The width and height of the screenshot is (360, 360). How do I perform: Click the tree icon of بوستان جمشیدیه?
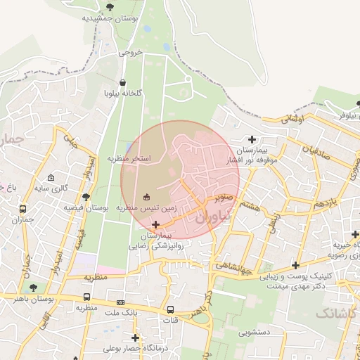point(109,8)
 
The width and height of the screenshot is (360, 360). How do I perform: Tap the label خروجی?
point(130,52)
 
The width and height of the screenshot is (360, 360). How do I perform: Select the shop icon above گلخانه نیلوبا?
point(124,82)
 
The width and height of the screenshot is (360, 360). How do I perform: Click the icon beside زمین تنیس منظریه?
point(146,197)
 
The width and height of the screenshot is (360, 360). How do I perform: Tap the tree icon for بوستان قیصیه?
point(86,197)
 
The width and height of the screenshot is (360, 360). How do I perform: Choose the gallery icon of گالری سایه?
point(51,178)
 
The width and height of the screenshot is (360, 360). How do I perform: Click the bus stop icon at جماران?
point(23,209)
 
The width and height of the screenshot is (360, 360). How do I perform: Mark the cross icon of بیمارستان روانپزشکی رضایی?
point(155,224)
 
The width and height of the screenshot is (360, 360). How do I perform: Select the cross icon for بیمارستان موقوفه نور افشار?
point(252,139)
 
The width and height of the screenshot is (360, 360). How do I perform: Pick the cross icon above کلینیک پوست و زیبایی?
point(296,265)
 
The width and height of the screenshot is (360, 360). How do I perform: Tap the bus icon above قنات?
point(170,309)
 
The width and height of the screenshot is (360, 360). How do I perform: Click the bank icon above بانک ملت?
point(120,302)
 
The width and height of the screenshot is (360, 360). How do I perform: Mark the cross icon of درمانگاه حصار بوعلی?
point(135,337)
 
